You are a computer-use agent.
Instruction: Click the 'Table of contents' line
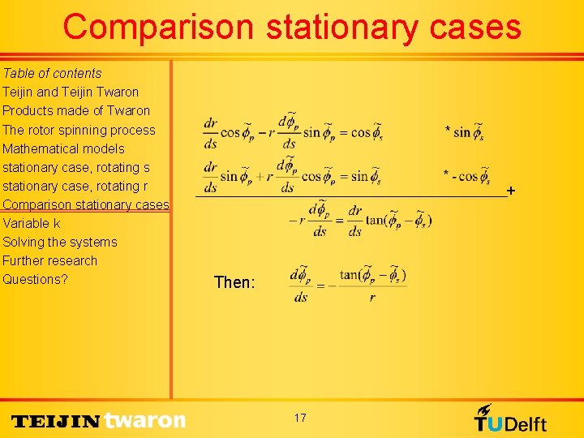(x=52, y=73)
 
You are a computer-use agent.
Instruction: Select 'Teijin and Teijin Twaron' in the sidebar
(x=71, y=92)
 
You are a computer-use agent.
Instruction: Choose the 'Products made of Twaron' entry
(x=76, y=110)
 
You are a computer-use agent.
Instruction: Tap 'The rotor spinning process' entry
(x=79, y=130)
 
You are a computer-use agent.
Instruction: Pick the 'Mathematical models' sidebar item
(x=63, y=148)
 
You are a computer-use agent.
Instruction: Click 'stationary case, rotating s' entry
(x=76, y=167)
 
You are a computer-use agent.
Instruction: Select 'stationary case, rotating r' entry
(x=75, y=186)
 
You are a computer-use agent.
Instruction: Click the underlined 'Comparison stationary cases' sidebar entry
(x=85, y=204)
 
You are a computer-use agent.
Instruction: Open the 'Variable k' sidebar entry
(x=32, y=223)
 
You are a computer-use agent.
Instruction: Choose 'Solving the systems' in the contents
(x=60, y=242)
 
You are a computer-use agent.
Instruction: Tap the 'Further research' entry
(x=49, y=260)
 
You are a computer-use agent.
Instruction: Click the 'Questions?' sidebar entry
(x=35, y=279)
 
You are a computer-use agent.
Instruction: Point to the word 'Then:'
(x=234, y=283)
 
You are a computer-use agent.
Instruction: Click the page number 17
(x=300, y=418)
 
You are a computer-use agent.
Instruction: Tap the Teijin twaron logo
(x=99, y=420)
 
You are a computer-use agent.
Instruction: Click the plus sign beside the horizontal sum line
(x=510, y=191)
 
